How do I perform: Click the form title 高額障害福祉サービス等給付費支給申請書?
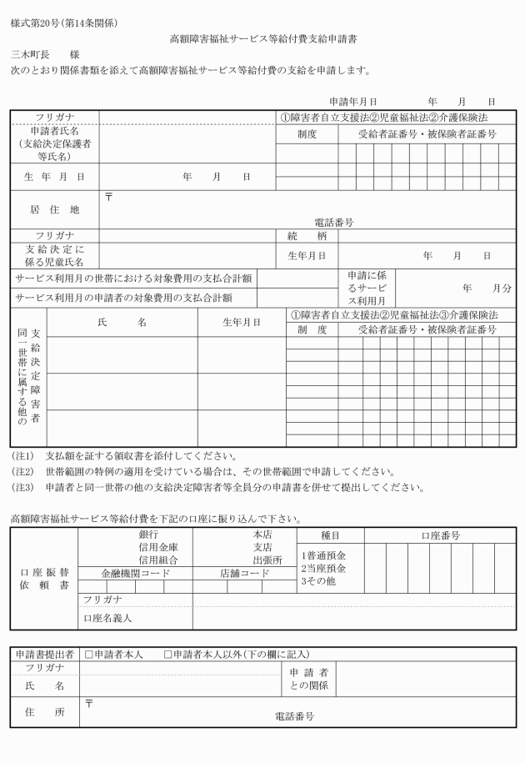(x=263, y=38)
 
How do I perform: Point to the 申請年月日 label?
(x=353, y=100)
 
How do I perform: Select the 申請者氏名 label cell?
(x=55, y=143)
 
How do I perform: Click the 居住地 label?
(x=55, y=210)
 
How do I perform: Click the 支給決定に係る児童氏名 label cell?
(x=55, y=255)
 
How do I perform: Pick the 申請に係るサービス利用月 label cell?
(x=367, y=287)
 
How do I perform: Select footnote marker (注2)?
(x=22, y=471)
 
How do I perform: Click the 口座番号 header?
(x=440, y=535)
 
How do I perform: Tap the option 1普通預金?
(x=323, y=555)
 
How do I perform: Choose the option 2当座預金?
(x=323, y=568)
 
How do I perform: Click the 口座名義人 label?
(x=107, y=618)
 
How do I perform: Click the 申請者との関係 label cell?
(x=309, y=679)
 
